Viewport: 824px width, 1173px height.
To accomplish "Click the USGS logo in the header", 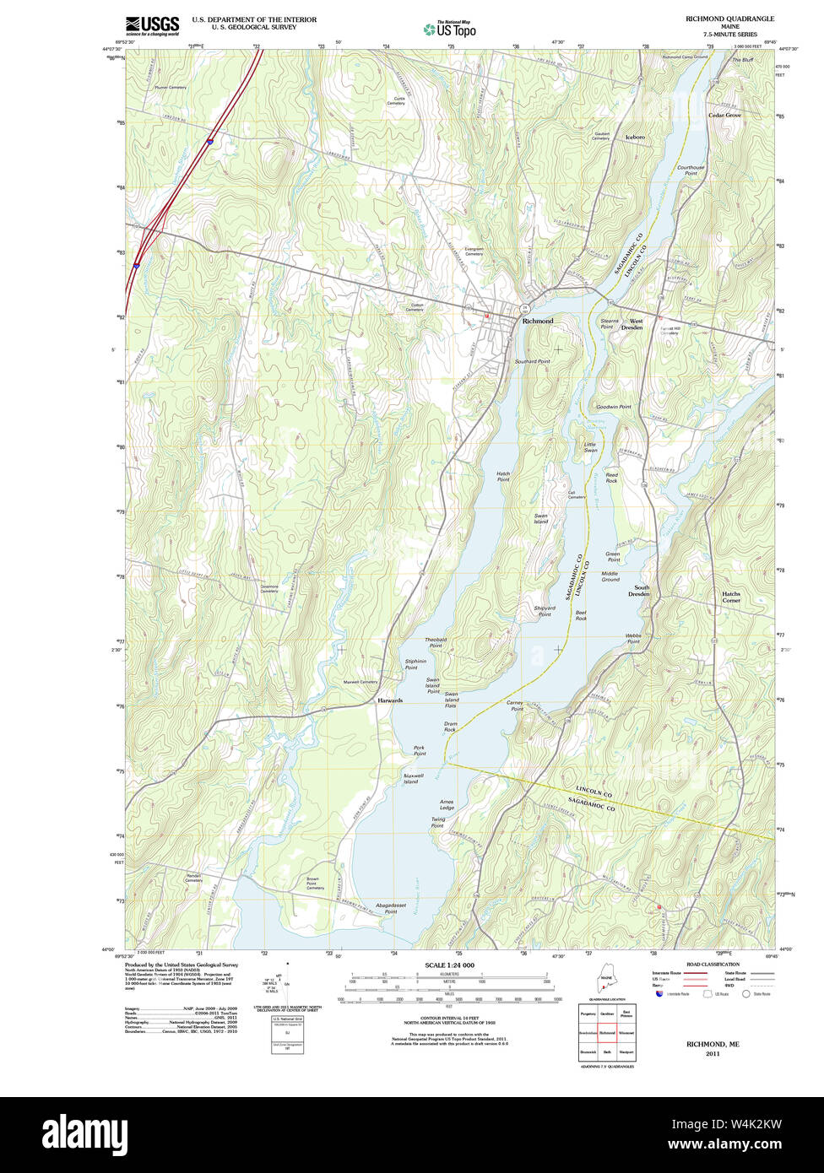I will (152, 25).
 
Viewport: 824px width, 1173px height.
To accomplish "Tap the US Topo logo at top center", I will (450, 29).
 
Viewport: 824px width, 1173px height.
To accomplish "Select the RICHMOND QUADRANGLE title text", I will (729, 19).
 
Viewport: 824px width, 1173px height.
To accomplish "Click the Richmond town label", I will (538, 322).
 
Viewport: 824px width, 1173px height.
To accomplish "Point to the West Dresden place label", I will (636, 324).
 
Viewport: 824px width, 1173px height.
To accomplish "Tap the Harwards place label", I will (390, 700).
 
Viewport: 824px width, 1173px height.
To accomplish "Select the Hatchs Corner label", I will (730, 597).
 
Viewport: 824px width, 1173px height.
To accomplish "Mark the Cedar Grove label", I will (724, 115).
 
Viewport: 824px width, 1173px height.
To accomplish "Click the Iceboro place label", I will (635, 137).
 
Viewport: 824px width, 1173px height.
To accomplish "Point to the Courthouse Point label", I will (691, 170).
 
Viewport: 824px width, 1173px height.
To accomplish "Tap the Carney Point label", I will (515, 705).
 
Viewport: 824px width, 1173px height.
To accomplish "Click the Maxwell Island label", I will (411, 778).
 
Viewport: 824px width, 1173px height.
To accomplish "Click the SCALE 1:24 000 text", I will (449, 965).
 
